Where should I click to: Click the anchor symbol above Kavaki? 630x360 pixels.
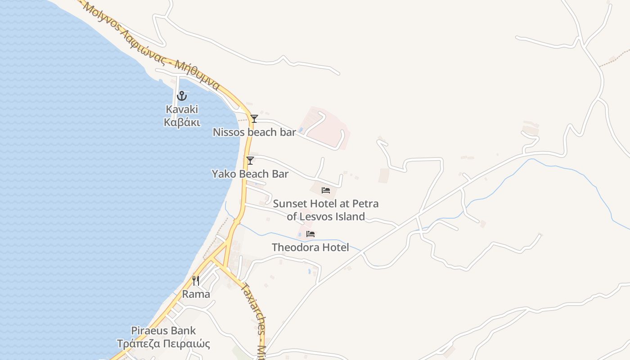182,95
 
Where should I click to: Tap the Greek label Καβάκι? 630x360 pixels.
182,122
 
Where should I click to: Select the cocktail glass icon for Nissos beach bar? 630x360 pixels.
254,119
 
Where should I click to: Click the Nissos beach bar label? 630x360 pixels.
254,132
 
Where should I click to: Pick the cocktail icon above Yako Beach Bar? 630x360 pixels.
250,161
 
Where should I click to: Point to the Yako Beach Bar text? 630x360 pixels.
250,174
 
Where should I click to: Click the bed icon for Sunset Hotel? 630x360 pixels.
326,190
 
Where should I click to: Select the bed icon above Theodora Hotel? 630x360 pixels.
310,234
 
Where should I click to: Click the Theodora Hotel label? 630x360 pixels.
310,247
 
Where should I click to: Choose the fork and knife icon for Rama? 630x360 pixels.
196,281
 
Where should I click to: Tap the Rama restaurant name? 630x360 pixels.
196,294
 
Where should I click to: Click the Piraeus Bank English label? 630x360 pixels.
163,331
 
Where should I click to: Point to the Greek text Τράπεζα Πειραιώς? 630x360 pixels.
163,344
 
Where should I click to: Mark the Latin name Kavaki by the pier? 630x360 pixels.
182,109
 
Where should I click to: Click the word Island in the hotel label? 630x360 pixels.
349,216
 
